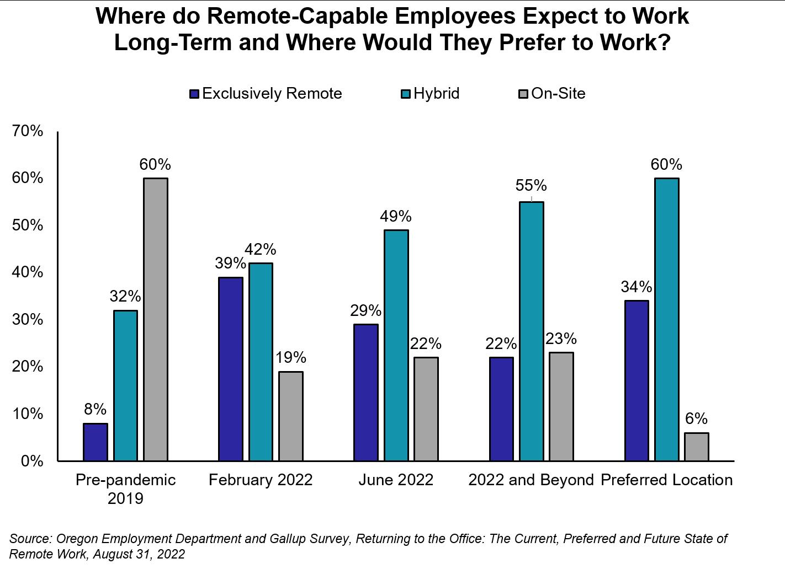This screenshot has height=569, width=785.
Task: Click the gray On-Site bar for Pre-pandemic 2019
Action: [156, 319]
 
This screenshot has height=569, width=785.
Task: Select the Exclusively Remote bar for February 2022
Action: [231, 369]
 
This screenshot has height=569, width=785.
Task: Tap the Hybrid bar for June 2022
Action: [396, 345]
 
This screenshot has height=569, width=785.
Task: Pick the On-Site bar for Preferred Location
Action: [697, 447]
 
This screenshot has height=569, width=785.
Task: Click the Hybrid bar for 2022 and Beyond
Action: [532, 331]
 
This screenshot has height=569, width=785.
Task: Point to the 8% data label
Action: [96, 409]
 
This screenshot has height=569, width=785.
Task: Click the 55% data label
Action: [531, 185]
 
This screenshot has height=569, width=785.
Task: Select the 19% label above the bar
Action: [291, 357]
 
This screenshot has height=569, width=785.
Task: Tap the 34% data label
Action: [637, 287]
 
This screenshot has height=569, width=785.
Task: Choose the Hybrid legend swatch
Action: [406, 94]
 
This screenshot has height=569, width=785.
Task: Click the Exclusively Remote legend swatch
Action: [194, 94]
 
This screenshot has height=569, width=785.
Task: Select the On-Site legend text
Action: [558, 93]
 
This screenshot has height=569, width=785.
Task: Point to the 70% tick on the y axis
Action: [28, 131]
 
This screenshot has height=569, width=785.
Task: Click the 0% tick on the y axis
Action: [32, 461]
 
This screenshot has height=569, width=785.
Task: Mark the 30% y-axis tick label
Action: [28, 319]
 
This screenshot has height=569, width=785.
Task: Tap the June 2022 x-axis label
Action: [396, 480]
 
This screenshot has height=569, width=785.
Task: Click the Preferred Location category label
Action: [666, 480]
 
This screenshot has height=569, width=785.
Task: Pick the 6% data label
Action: [697, 418]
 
